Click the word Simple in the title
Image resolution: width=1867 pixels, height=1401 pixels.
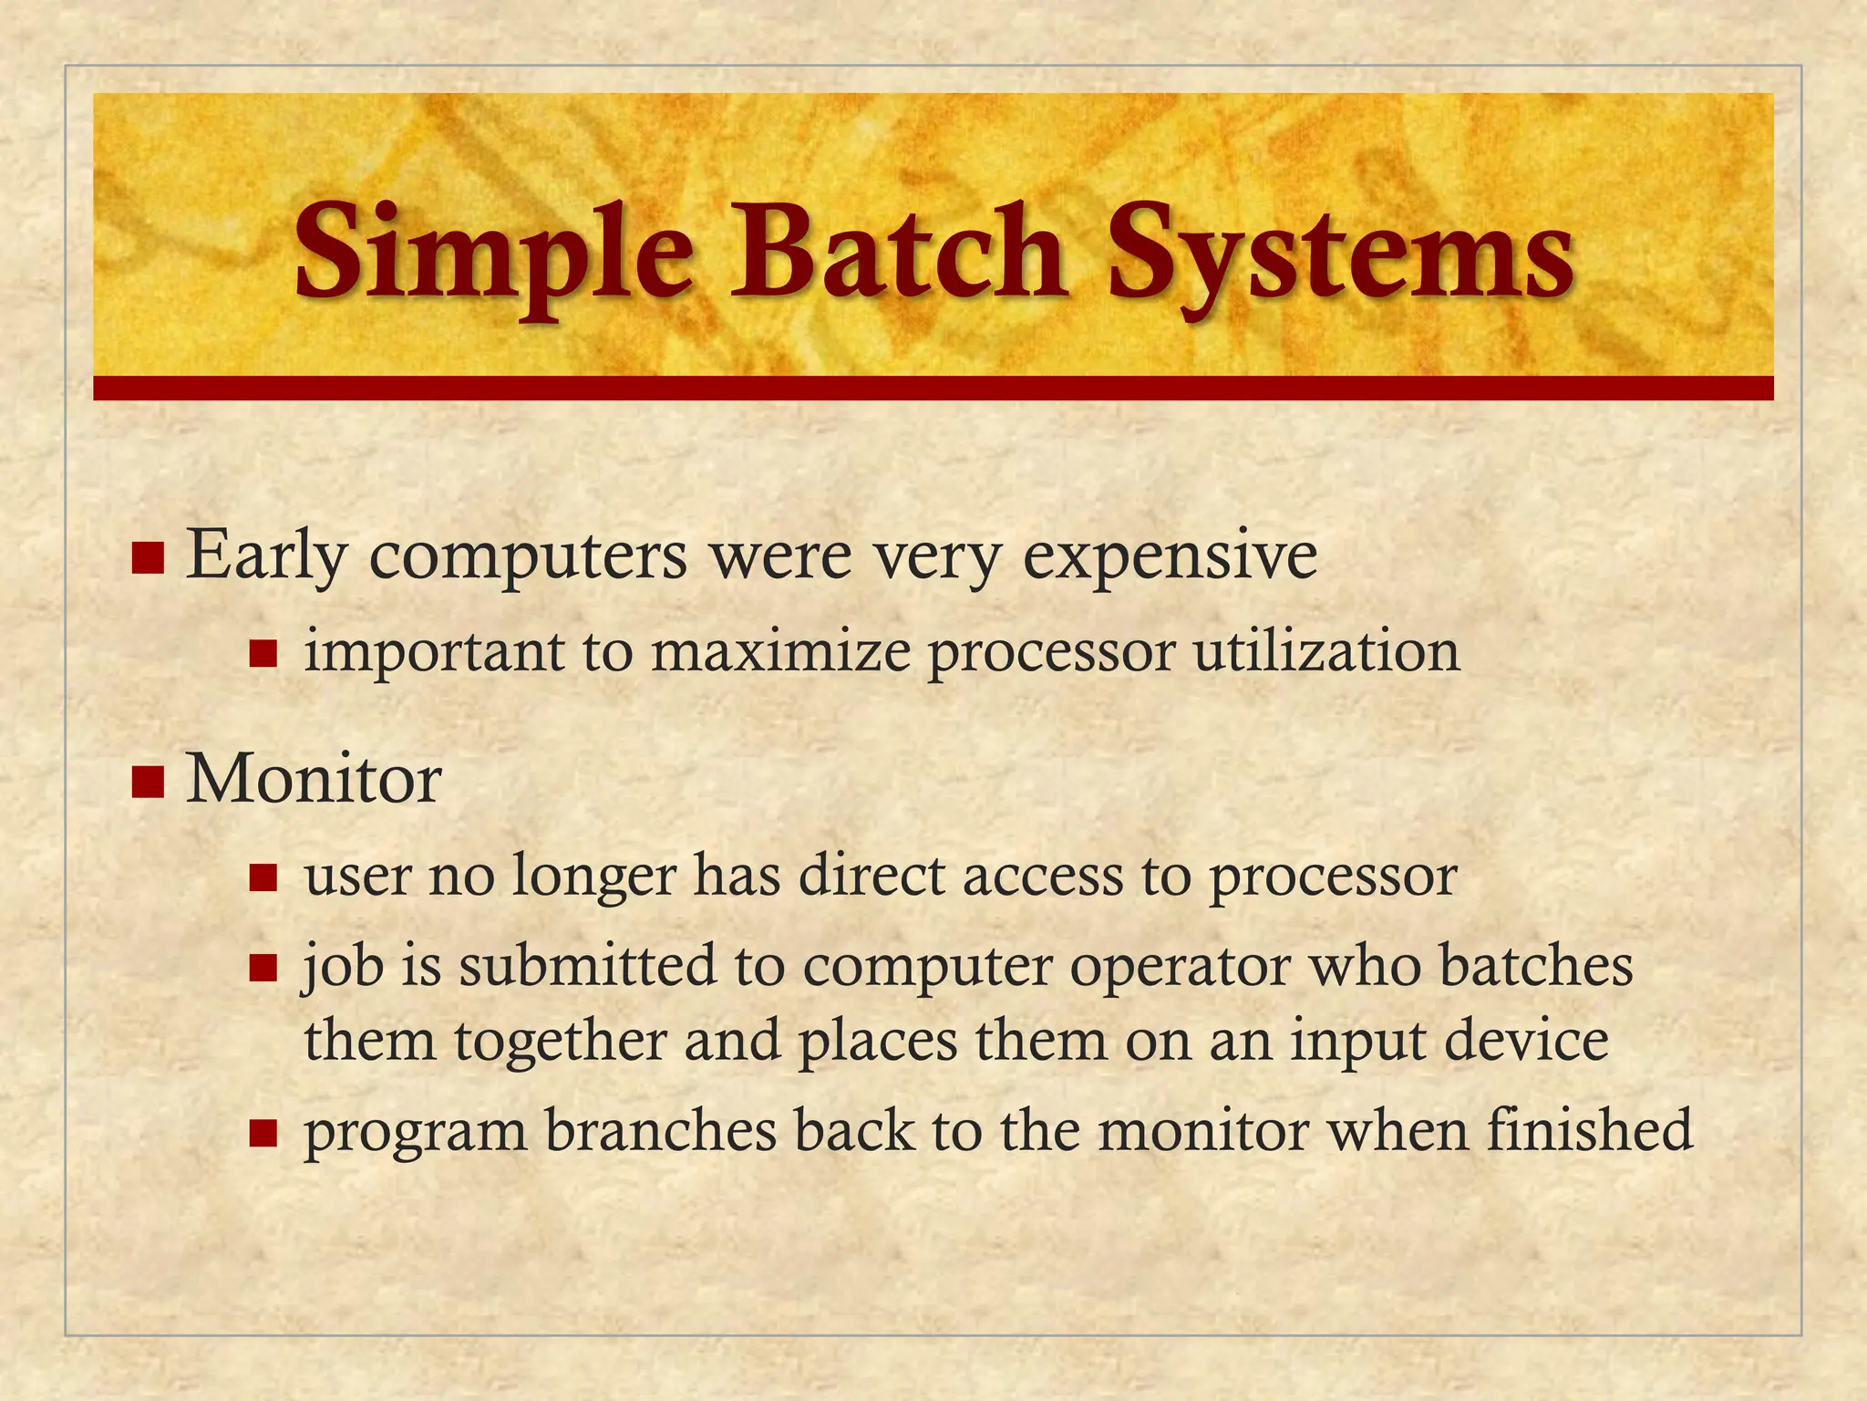pos(492,251)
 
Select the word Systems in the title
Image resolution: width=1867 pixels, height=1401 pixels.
pos(1340,251)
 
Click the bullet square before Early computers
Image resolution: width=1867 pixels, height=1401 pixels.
pos(147,557)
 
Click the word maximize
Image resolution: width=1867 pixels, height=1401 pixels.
pos(780,653)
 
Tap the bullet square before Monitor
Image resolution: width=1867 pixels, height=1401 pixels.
pos(147,782)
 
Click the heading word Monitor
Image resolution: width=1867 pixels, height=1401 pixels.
pos(314,780)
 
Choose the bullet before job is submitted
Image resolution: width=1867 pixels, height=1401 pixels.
pos(263,968)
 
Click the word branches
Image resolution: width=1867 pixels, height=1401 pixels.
pos(660,1131)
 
